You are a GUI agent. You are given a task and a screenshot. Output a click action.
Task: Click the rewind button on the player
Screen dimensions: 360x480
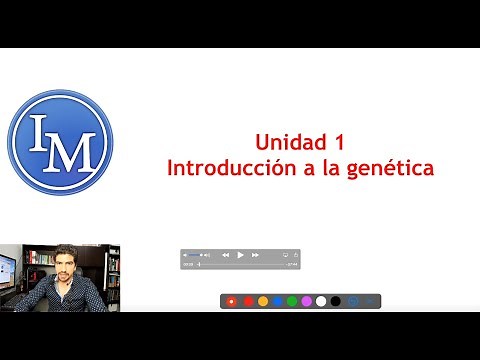coord(225,255)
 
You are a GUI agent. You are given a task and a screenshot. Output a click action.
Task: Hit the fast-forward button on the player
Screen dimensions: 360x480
coord(255,255)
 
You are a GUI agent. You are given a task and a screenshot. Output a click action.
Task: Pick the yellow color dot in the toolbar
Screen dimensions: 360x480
coord(262,300)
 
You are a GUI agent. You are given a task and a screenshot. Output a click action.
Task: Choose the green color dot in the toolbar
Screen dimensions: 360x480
coord(291,300)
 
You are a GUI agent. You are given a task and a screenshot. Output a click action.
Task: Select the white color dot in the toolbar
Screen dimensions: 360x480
coord(320,300)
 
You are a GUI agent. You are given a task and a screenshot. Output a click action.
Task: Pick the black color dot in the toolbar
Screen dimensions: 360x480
coord(335,300)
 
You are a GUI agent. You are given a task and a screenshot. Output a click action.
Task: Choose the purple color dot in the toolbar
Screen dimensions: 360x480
coord(306,300)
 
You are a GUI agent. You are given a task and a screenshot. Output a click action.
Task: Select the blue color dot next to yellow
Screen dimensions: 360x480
coord(277,300)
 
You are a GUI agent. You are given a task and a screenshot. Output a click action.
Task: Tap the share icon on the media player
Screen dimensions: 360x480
coord(286,255)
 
